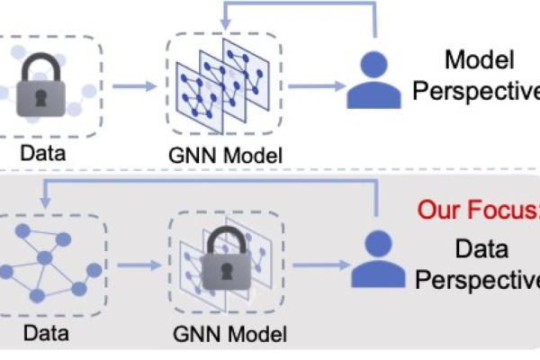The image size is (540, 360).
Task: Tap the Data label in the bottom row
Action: [44, 335]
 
